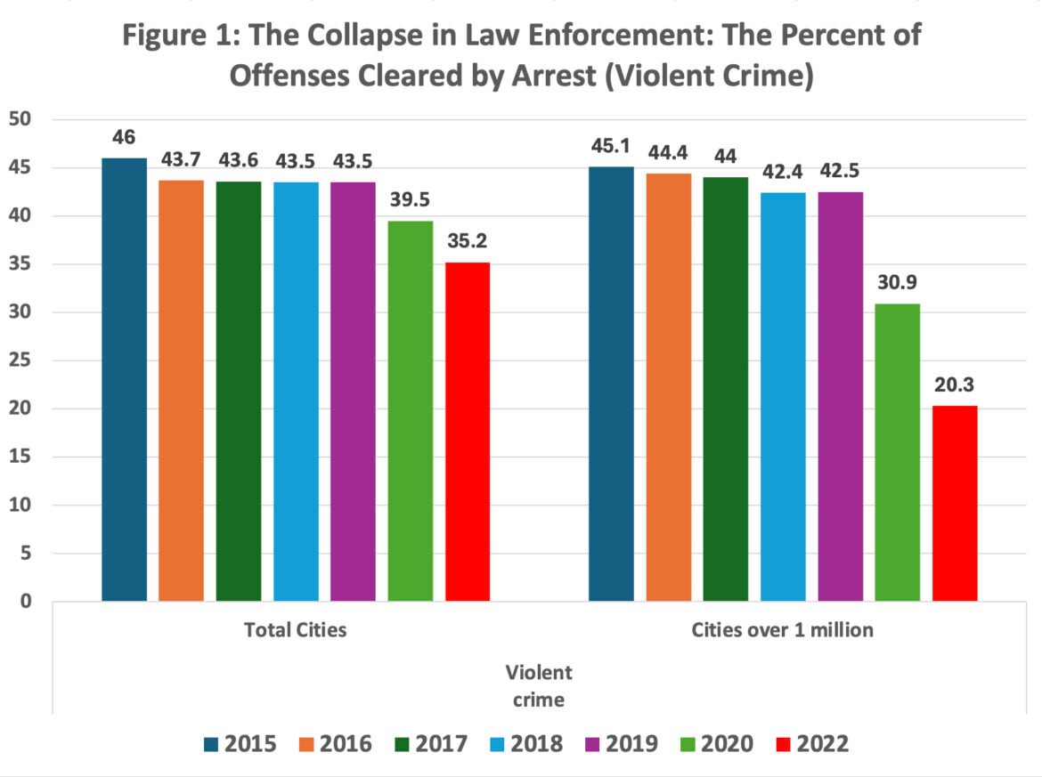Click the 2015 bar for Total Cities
124,379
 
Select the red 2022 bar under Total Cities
468,432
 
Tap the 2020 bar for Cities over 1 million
898,452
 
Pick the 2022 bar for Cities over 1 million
955,503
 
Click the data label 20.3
955,386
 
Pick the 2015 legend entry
240,744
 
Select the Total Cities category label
295,630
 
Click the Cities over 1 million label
783,630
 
